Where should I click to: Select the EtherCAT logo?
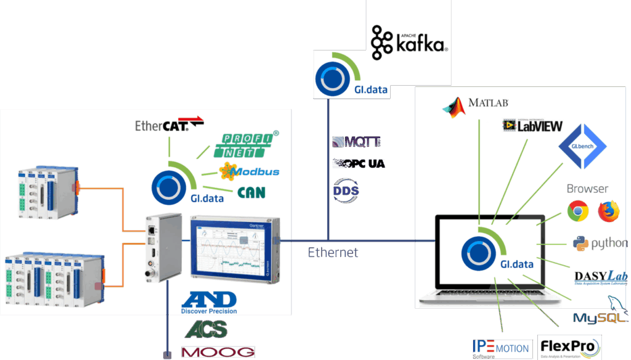click(169, 125)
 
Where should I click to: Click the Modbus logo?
click(249, 171)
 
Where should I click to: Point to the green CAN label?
click(251, 192)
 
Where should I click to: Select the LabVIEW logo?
click(532, 126)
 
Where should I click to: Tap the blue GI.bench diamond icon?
click(582, 148)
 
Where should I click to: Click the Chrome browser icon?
click(577, 212)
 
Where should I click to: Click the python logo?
click(600, 243)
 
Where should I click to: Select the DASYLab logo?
click(600, 277)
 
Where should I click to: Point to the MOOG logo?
click(218, 352)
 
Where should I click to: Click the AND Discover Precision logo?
click(209, 302)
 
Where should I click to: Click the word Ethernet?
click(333, 252)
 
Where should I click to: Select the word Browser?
click(587, 189)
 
